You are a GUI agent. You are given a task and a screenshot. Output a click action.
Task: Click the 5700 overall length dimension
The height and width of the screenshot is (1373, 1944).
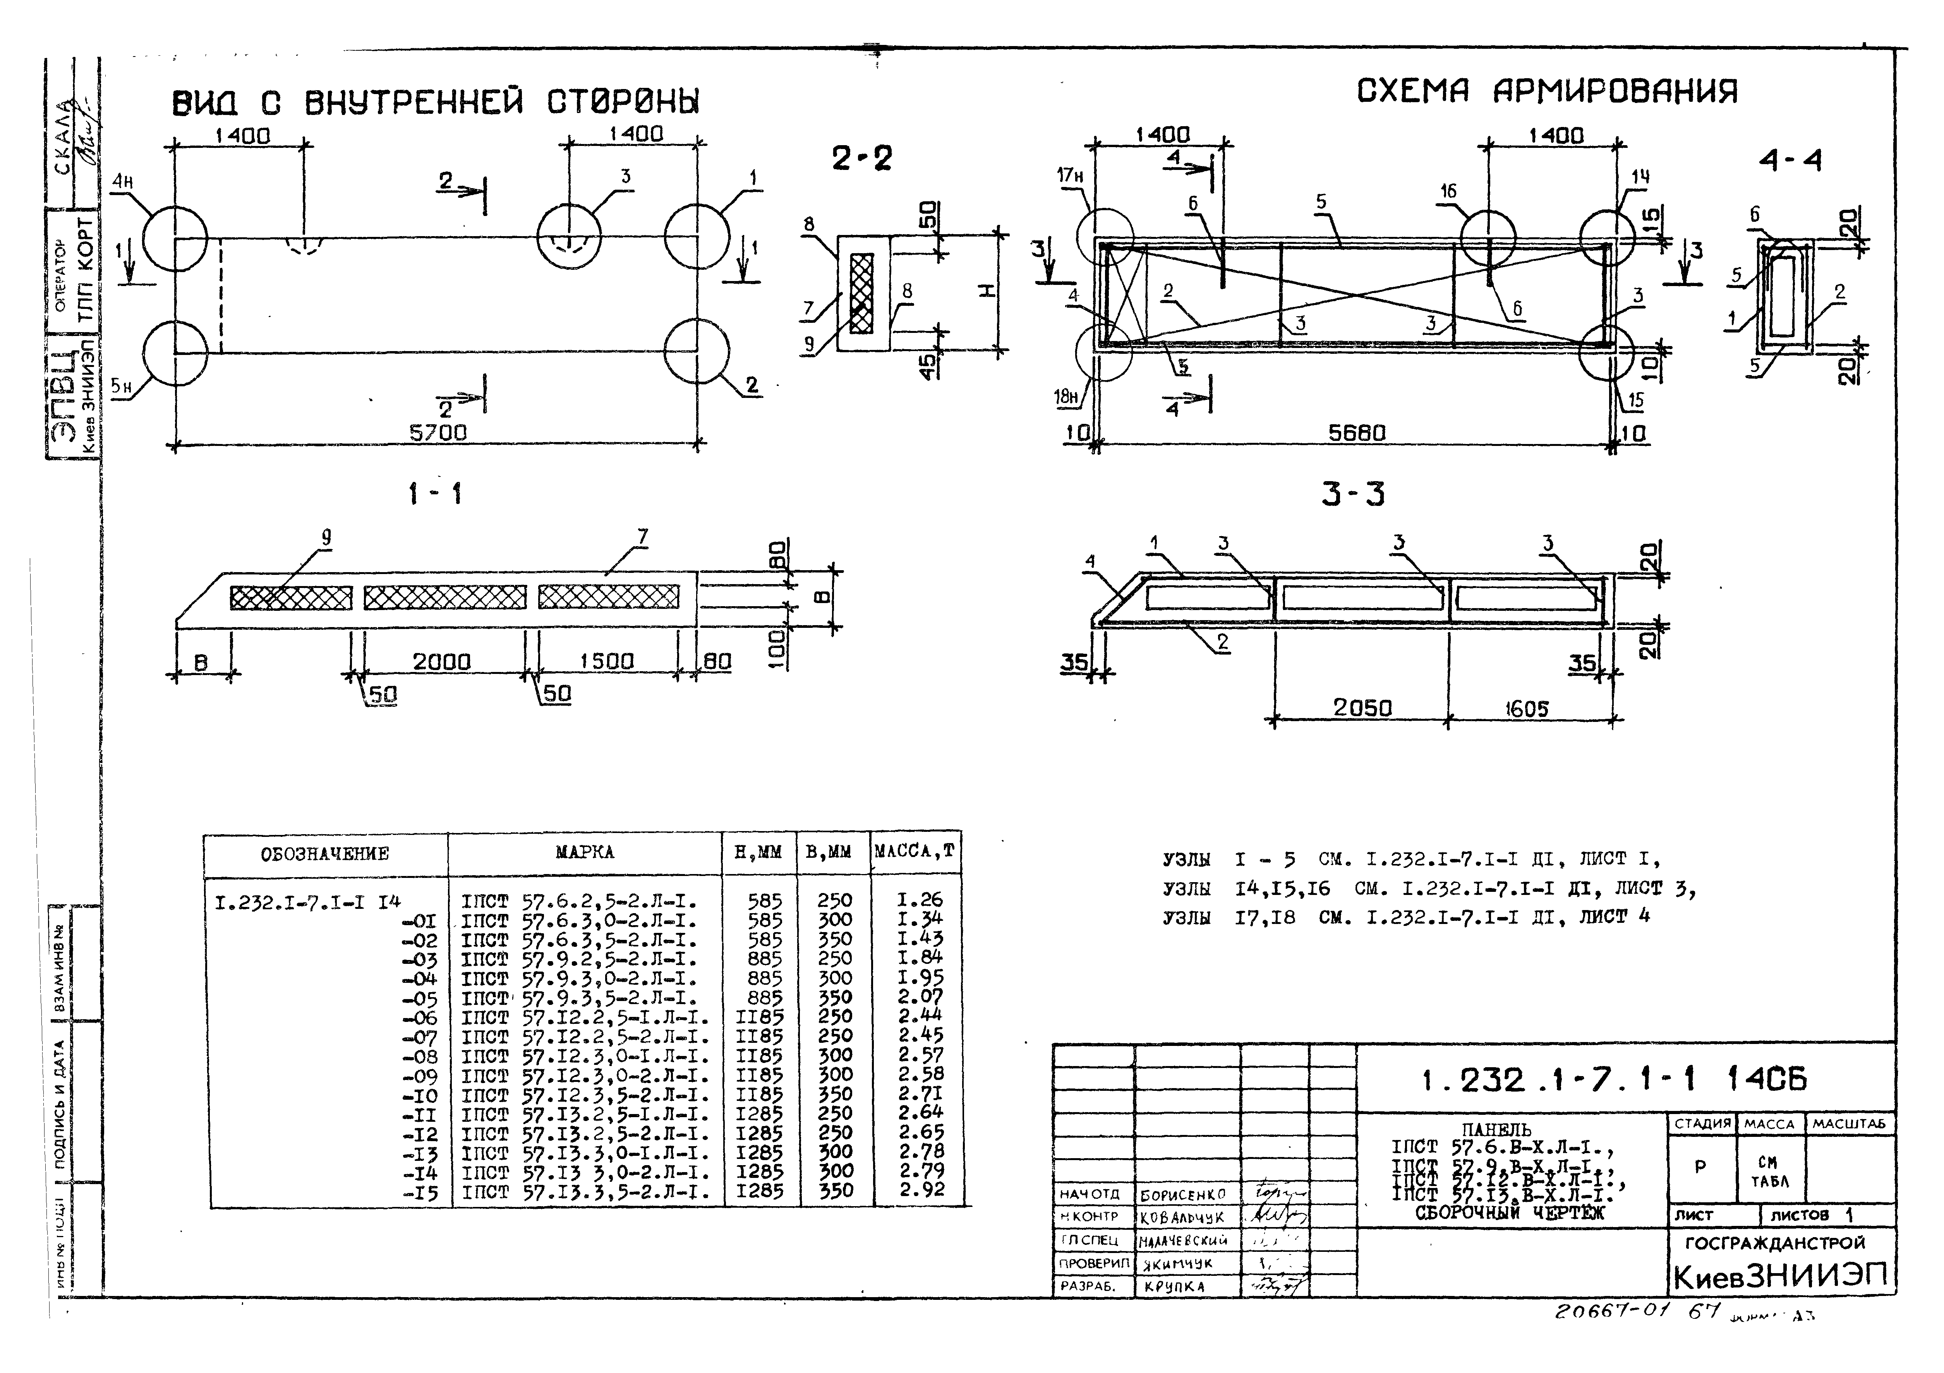[x=438, y=432]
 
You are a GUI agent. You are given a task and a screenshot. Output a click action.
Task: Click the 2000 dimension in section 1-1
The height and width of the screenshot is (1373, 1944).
[x=441, y=661]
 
